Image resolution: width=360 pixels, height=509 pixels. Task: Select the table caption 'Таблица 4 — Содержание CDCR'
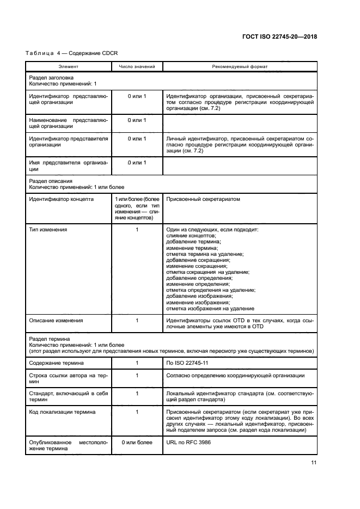[x=71, y=53]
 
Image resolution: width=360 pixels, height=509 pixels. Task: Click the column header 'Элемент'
[x=68, y=66]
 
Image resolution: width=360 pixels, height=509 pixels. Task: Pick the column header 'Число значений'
[x=137, y=66]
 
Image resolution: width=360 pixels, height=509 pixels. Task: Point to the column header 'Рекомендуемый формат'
[x=239, y=66]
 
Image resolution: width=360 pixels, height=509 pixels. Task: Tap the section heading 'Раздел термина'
[x=49, y=339]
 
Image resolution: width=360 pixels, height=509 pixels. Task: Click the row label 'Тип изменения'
[x=48, y=230]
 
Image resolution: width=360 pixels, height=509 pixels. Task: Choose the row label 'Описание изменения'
[x=55, y=321]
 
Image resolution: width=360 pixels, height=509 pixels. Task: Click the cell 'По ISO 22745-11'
[x=188, y=362]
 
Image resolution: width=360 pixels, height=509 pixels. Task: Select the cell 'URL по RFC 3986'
[x=188, y=443]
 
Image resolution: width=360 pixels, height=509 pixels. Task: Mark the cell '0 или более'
[x=137, y=443]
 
